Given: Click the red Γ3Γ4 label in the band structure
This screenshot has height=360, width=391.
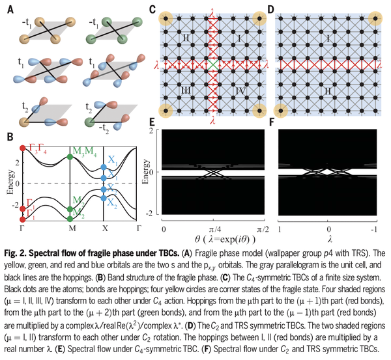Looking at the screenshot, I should pos(36,150).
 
